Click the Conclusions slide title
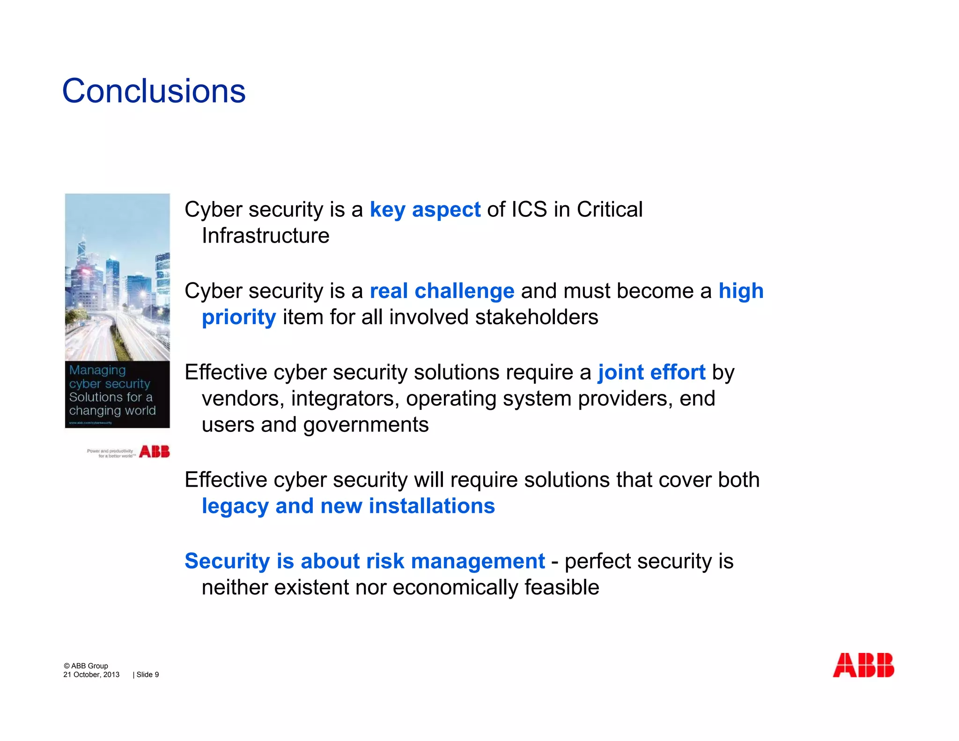click(154, 91)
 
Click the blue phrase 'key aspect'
click(425, 210)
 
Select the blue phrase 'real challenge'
click(442, 291)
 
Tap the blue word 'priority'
click(239, 318)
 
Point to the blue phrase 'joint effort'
click(651, 373)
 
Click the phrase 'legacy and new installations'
click(348, 506)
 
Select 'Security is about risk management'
click(364, 561)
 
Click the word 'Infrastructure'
click(265, 236)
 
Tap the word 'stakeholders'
click(536, 318)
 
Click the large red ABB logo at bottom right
click(863, 665)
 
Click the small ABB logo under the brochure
click(155, 452)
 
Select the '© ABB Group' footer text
click(86, 666)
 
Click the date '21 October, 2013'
click(91, 675)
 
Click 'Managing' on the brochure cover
click(97, 370)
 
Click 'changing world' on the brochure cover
click(112, 411)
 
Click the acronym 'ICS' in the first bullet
click(529, 210)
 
